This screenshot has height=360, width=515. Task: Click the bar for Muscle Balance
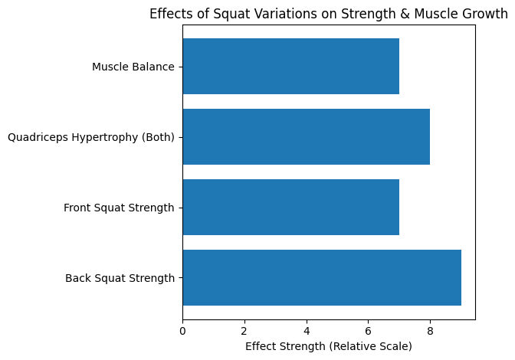(290, 67)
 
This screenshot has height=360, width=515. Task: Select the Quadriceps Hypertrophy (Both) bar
(306, 137)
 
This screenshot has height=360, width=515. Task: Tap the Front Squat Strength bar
(290, 208)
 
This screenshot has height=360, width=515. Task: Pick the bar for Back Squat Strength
(322, 278)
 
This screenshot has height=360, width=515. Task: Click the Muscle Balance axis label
(133, 67)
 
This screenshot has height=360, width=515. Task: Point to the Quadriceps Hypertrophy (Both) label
(91, 137)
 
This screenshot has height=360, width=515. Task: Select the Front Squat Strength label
(119, 208)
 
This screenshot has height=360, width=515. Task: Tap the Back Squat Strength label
(120, 278)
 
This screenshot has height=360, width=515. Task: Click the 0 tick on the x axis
(182, 331)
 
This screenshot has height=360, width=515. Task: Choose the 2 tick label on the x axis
(244, 331)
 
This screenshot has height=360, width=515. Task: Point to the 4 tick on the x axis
(307, 331)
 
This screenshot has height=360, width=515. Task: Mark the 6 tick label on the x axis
(368, 331)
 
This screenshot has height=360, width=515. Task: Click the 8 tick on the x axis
(430, 331)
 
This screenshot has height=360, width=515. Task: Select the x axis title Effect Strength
(328, 347)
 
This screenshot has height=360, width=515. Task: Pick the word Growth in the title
(487, 14)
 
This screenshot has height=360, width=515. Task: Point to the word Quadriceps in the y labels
(35, 137)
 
